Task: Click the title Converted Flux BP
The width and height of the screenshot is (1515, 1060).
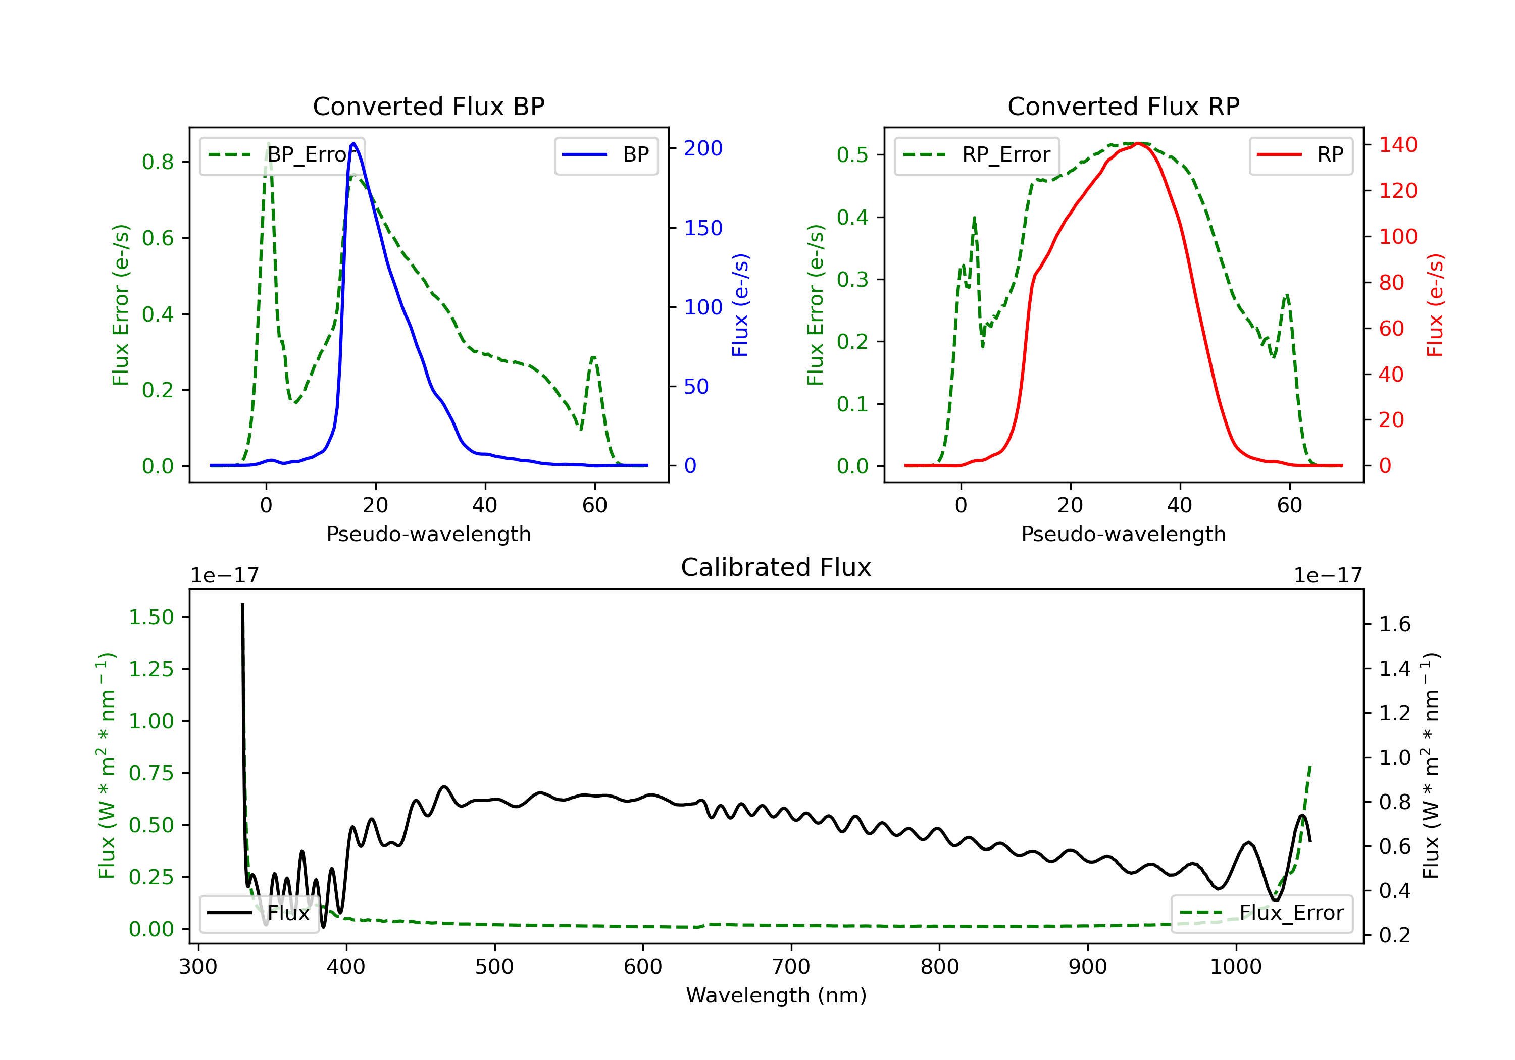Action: click(x=428, y=106)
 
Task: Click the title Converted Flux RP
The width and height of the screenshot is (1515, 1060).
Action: click(x=1123, y=106)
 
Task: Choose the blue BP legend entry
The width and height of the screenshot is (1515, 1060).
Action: click(x=605, y=155)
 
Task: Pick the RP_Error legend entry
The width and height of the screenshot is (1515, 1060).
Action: click(x=977, y=155)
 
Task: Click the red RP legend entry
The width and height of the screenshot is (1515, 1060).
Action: click(x=1300, y=155)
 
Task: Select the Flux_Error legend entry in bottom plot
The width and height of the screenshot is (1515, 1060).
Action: click(x=1261, y=913)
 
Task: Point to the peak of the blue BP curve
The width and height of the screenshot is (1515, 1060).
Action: click(x=353, y=143)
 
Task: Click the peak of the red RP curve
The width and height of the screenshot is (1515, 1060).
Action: click(x=1140, y=143)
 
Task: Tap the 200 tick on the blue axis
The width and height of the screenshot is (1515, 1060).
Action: click(x=703, y=148)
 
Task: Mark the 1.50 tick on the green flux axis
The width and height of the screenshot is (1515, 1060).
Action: click(x=150, y=617)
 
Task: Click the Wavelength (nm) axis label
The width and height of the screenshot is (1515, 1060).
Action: click(x=776, y=995)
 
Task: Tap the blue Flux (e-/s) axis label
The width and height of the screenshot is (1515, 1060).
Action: click(x=740, y=305)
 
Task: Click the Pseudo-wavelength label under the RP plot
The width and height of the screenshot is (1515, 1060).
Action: click(x=1123, y=534)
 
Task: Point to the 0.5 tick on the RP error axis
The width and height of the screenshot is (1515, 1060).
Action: click(x=852, y=155)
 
